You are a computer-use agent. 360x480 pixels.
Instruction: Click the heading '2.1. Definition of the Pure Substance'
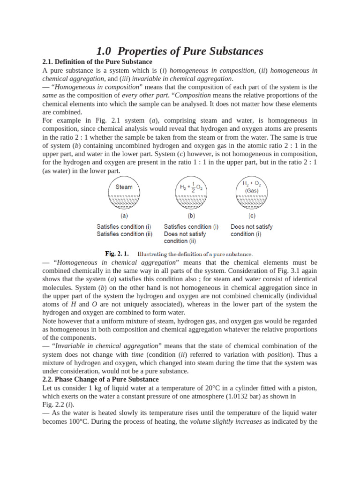97,62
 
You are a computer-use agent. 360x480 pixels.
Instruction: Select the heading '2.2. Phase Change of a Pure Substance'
100,379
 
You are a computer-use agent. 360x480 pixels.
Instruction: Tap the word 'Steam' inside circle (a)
124,187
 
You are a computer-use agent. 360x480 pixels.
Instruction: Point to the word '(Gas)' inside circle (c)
251,191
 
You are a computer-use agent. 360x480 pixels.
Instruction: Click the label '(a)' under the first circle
124,216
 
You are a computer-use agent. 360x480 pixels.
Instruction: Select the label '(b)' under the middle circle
191,216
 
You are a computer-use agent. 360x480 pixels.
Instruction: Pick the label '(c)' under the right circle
252,216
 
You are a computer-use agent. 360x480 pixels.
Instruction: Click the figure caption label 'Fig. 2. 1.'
117,254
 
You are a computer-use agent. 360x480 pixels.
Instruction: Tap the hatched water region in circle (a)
124,202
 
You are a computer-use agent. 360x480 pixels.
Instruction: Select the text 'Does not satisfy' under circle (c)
251,226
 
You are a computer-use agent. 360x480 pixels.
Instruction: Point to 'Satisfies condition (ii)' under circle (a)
124,234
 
